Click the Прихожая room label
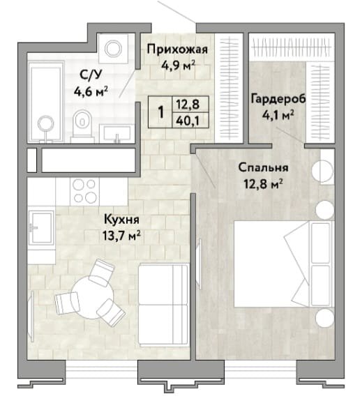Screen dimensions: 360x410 pyautogui.click(x=177, y=49)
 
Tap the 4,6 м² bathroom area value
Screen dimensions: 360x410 pyautogui.click(x=91, y=91)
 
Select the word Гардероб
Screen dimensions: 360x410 pyautogui.click(x=278, y=99)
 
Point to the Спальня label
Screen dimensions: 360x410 pyautogui.click(x=263, y=167)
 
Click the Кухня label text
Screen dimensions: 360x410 pyautogui.click(x=121, y=220)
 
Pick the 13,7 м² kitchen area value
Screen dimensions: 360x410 pyautogui.click(x=121, y=236)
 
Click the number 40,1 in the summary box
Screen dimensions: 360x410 pyautogui.click(x=188, y=121)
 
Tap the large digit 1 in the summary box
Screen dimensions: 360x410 pyautogui.click(x=161, y=112)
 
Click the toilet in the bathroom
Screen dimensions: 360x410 pyautogui.click(x=82, y=124)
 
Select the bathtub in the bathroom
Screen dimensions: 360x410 pyautogui.click(x=46, y=102)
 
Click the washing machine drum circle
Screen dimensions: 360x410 pyautogui.click(x=113, y=48)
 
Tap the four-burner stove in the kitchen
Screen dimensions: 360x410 pyautogui.click(x=84, y=191)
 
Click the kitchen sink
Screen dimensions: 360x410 pyautogui.click(x=41, y=227)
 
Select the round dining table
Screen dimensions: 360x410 pyautogui.click(x=93, y=297)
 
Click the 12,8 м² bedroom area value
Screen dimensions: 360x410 pyautogui.click(x=263, y=184)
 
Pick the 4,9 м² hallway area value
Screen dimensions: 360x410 pyautogui.click(x=178, y=66)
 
